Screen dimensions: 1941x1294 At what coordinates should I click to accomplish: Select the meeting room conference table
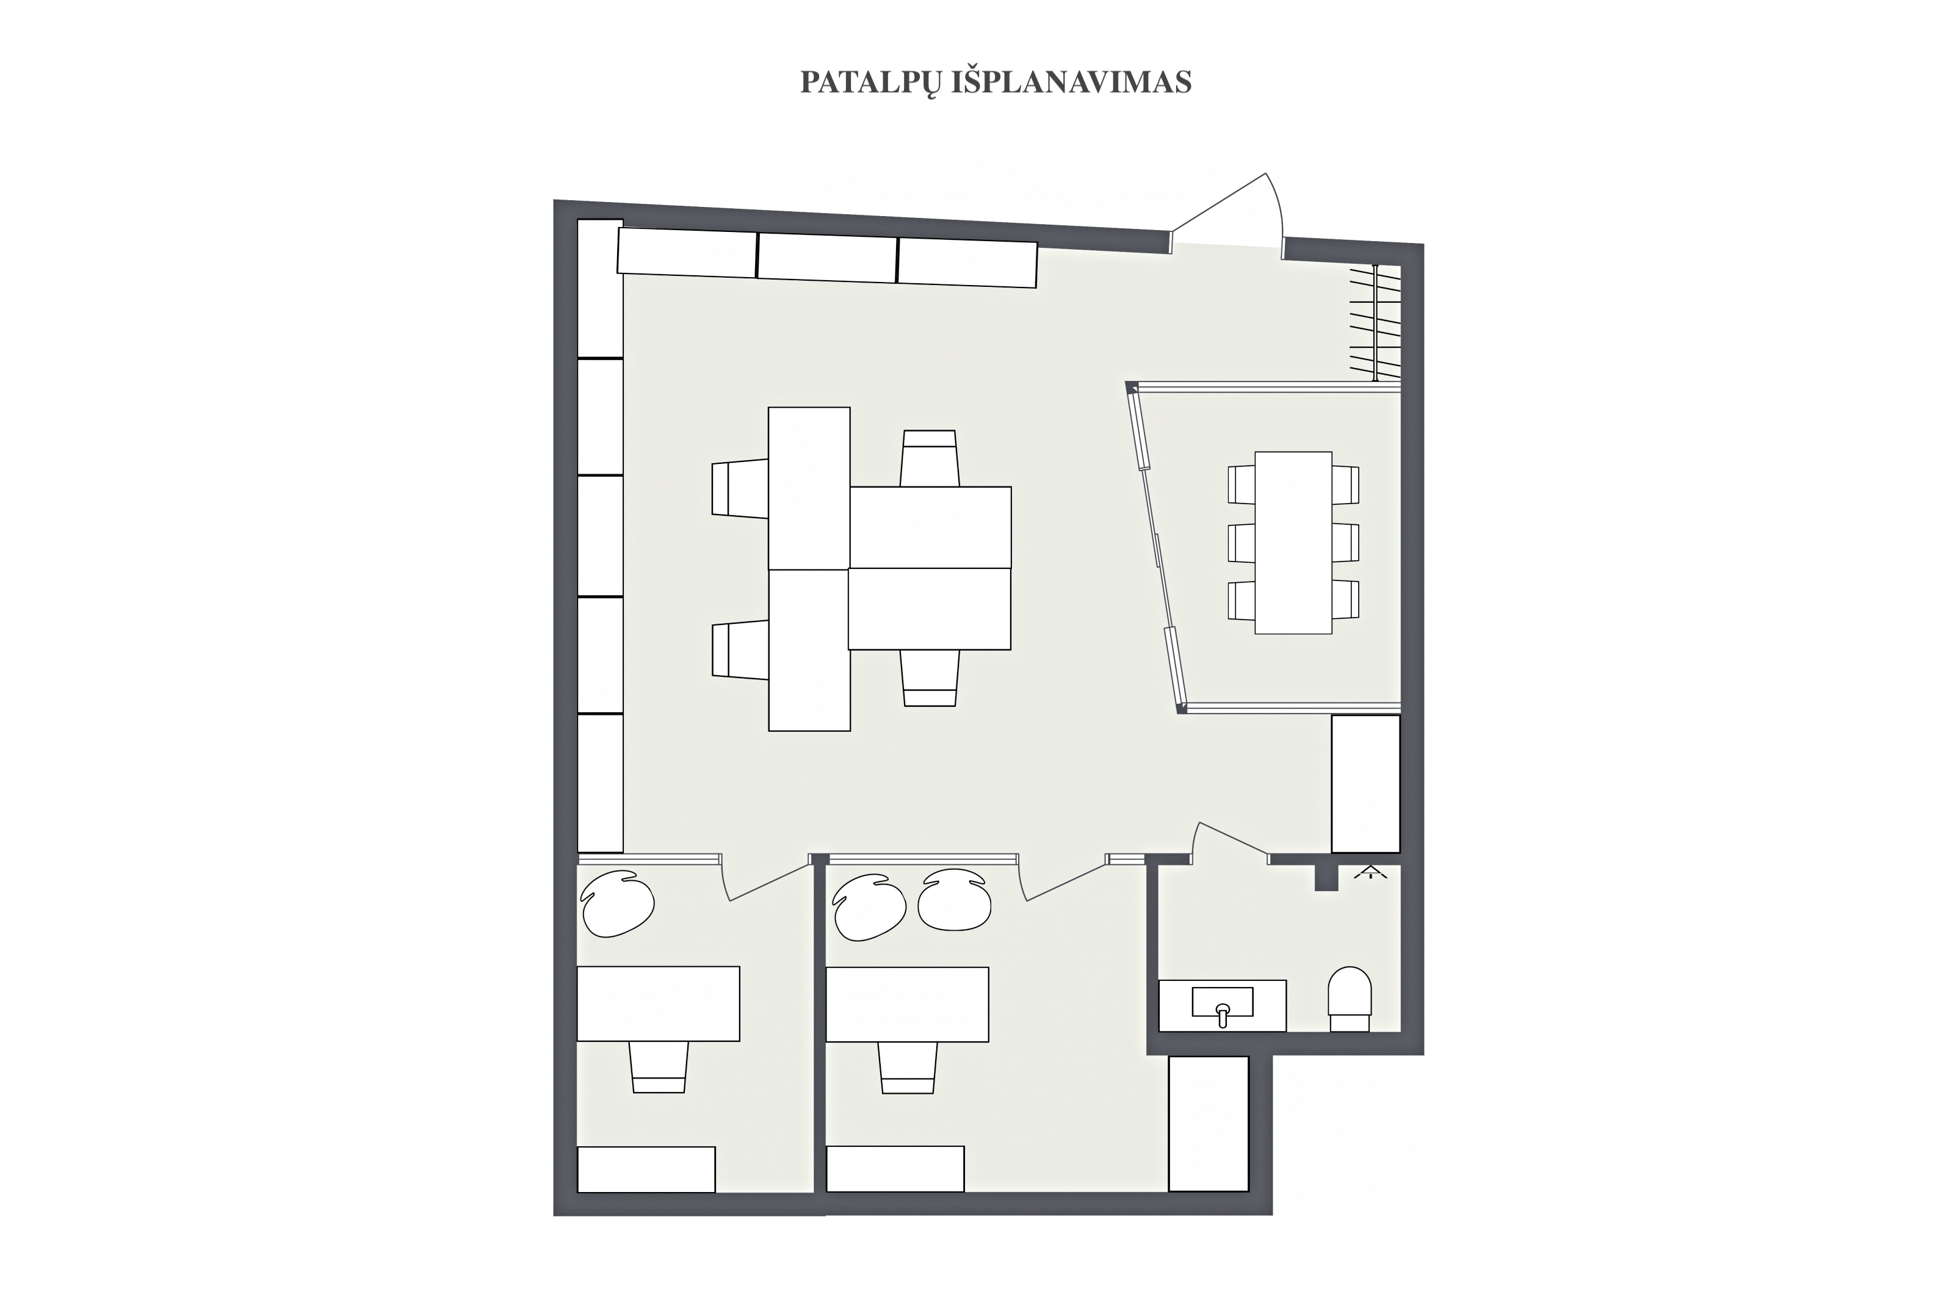1293,542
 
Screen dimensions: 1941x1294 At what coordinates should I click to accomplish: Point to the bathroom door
1231,842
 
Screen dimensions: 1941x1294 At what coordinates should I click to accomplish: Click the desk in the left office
658,1003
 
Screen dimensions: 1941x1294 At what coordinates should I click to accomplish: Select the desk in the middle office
907,1004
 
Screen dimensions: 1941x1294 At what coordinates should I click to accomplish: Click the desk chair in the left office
659,1067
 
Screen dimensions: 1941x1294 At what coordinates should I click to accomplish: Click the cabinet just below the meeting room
1366,783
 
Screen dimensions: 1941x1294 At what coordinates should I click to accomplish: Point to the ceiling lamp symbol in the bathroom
1371,872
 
